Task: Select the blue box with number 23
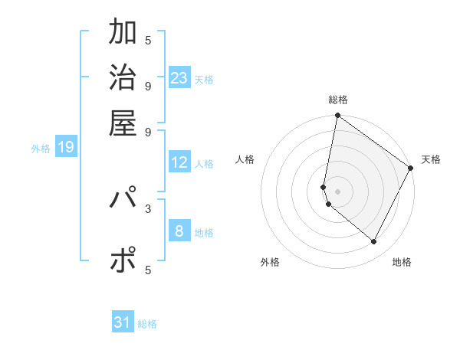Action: (x=179, y=78)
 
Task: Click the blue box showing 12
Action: (x=179, y=162)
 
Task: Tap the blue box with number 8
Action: (x=179, y=231)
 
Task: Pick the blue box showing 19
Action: (x=66, y=147)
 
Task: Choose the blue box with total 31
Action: (x=123, y=322)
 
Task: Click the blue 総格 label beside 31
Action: (x=147, y=324)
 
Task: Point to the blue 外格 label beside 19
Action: (x=41, y=149)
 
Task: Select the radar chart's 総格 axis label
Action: (x=338, y=100)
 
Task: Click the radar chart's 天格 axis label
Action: (x=431, y=159)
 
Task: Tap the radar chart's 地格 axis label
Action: (x=402, y=262)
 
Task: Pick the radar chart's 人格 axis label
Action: (x=245, y=159)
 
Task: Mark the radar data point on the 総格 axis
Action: (x=337, y=116)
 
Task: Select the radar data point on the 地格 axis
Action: (x=374, y=242)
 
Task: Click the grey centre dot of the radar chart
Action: (x=338, y=191)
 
